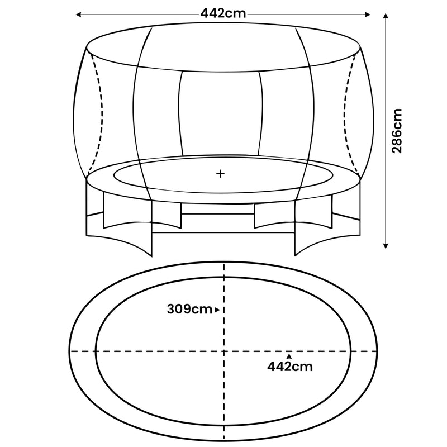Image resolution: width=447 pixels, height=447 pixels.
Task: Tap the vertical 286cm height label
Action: [x=397, y=131]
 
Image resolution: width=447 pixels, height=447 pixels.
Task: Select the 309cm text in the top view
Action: [x=189, y=309]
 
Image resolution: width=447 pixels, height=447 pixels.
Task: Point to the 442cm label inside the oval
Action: [x=289, y=367]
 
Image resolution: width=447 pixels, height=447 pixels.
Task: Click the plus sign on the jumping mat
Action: [x=220, y=174]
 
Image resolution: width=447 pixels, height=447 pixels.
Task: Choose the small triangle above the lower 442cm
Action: [x=289, y=355]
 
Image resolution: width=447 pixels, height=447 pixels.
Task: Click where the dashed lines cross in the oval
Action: [x=223, y=351]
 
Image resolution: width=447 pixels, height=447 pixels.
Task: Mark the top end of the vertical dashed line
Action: [x=223, y=263]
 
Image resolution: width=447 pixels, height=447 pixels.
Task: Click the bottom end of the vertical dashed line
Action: [x=223, y=439]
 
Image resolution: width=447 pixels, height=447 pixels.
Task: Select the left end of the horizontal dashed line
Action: [x=70, y=351]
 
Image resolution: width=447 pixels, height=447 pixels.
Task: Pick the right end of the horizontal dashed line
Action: [x=378, y=351]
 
